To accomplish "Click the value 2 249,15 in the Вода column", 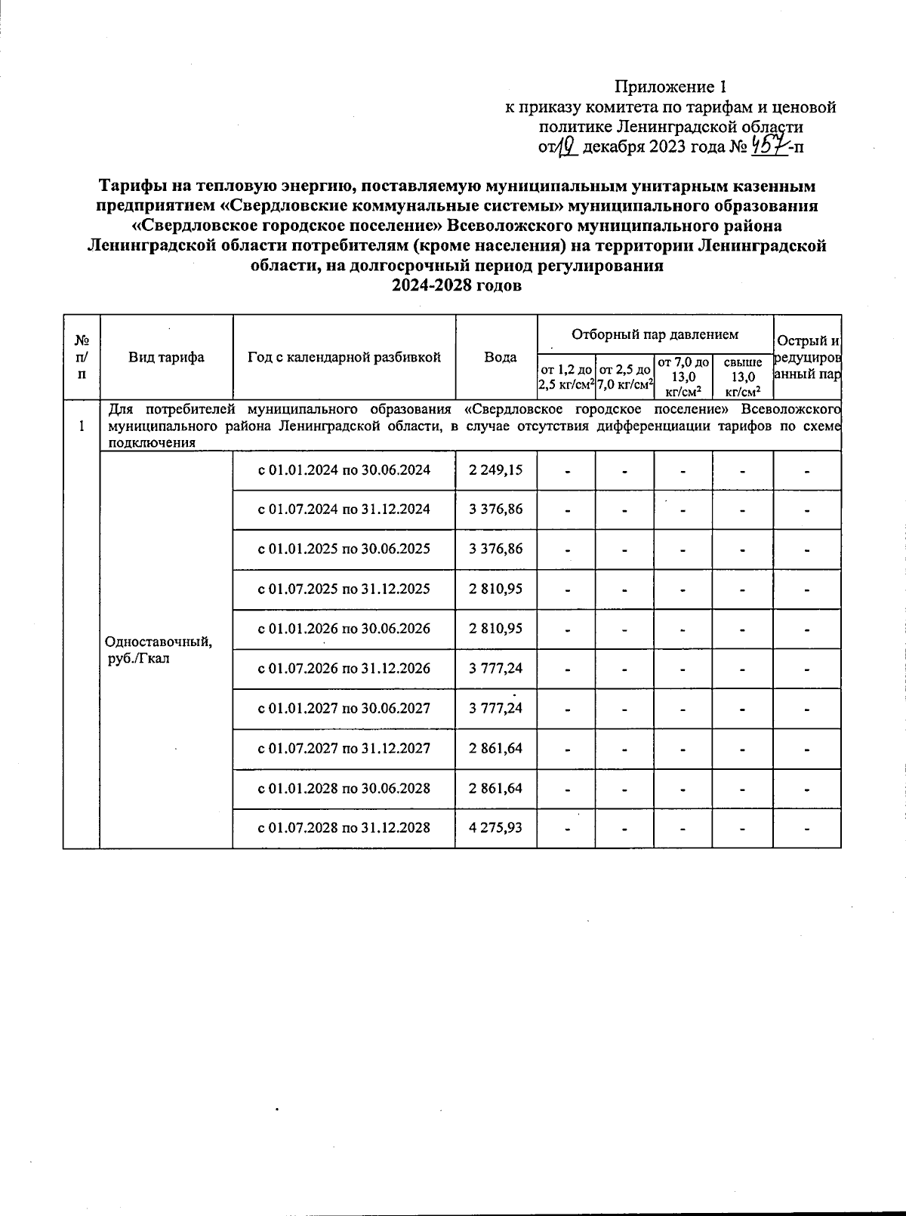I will [x=495, y=470].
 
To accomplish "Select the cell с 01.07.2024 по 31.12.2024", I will [x=344, y=509].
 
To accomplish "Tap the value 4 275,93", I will [x=495, y=827].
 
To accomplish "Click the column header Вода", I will [x=500, y=357].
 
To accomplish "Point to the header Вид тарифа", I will [x=166, y=357].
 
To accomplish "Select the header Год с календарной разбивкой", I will [x=344, y=357].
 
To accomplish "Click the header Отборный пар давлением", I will [x=655, y=334].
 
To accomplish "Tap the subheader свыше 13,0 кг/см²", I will [x=743, y=376].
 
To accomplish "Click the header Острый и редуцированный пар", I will [x=808, y=357].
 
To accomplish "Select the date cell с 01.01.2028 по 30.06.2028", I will [x=344, y=788].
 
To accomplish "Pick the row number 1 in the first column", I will [x=81, y=426].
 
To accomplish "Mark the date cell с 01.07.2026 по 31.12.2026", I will [x=344, y=669].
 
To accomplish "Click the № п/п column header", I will [x=81, y=357].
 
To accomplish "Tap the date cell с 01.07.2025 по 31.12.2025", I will [x=344, y=589].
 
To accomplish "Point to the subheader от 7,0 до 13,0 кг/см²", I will [x=683, y=376].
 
